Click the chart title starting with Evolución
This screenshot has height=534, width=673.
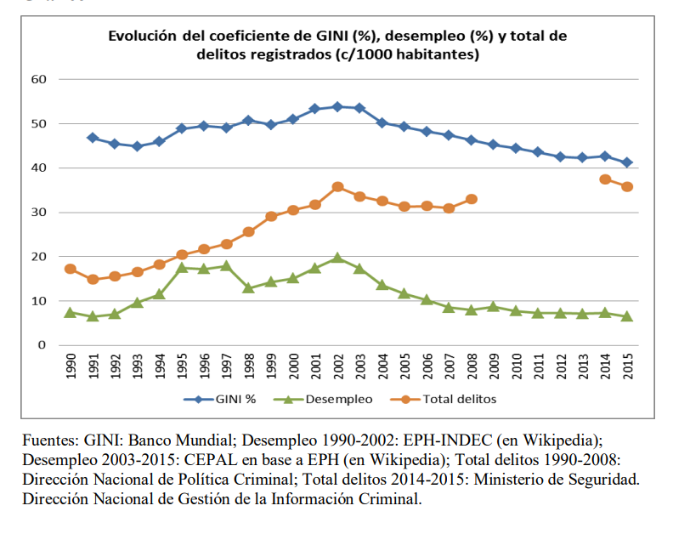point(336,45)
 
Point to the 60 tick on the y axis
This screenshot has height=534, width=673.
point(38,79)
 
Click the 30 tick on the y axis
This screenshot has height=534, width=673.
point(38,213)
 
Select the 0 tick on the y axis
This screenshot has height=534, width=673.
point(41,345)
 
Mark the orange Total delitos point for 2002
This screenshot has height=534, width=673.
point(337,186)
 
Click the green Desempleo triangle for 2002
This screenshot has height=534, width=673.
point(337,258)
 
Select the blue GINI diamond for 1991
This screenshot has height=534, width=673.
point(93,138)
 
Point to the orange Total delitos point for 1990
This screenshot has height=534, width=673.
point(71,269)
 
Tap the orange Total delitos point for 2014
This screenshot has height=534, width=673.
point(605,179)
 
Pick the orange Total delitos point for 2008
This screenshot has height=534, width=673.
point(472,199)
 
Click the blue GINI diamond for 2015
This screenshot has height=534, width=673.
point(627,162)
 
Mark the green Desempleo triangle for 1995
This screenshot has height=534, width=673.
point(182,268)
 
